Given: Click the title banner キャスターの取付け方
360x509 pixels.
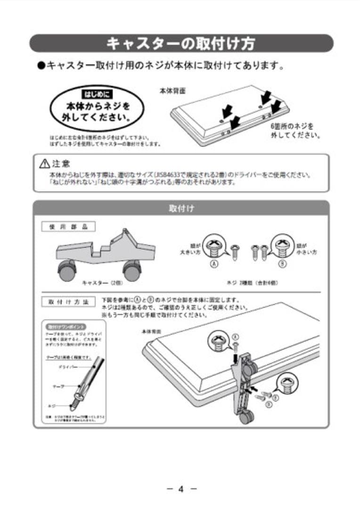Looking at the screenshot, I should pyautogui.click(x=181, y=43).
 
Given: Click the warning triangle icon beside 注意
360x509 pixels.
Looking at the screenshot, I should pyautogui.click(x=45, y=164).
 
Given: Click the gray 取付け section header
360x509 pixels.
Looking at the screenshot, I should pyautogui.click(x=181, y=208).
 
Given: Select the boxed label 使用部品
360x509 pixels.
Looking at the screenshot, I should pyautogui.click(x=68, y=227).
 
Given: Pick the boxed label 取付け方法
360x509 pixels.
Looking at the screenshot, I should pyautogui.click(x=68, y=302).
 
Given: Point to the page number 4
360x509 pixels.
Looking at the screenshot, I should pyautogui.click(x=180, y=489).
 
